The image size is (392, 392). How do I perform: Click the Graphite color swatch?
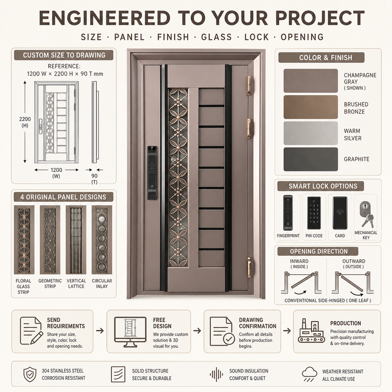pos(311,159)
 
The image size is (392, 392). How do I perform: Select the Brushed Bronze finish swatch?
pos(311,107)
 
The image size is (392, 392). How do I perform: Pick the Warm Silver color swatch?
pos(311,133)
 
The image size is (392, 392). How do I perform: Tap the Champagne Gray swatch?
pos(311,81)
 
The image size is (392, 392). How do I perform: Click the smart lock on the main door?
pos(152,173)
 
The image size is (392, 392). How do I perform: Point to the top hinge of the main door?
pos(249,85)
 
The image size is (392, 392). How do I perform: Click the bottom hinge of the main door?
pos(249,267)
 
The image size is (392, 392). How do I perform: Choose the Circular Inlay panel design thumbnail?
pos(102,240)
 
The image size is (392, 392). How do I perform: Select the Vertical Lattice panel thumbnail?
pos(76,240)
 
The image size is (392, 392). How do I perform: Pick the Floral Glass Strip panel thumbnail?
pos(24,240)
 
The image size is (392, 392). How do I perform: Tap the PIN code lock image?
pos(314,213)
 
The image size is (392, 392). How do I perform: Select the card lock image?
pos(340,213)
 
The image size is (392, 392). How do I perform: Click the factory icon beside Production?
pos(311,331)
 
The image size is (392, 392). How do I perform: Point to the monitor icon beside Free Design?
pos(130,332)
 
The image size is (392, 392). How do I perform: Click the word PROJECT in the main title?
pos(320,18)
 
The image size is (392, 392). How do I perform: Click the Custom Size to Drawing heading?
pos(64,55)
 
